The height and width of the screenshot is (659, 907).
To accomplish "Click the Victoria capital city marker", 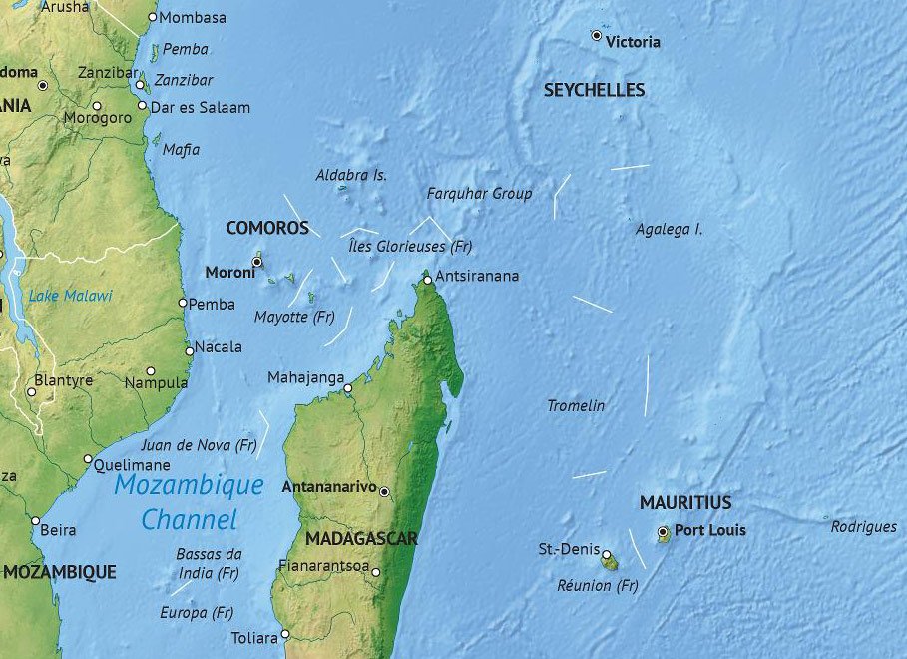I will tap(597, 36).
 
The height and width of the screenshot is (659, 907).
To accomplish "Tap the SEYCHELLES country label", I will tap(594, 90).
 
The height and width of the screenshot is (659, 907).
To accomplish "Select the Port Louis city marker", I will tap(664, 531).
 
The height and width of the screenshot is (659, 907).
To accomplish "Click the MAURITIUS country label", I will tap(685, 502).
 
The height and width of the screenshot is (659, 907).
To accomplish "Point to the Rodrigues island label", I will tap(863, 526).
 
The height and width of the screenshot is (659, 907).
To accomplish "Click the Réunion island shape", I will tap(608, 561).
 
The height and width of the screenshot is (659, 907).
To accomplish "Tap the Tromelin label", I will tap(576, 405).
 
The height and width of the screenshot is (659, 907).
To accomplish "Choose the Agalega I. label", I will tap(670, 229).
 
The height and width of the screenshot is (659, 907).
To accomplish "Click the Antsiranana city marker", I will tap(427, 281).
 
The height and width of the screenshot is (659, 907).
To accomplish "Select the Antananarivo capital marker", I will tap(384, 492).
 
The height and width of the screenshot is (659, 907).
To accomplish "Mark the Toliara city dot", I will tap(285, 634).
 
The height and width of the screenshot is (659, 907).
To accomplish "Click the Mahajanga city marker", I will tap(348, 388).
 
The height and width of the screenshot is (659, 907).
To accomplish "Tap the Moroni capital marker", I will tap(256, 262).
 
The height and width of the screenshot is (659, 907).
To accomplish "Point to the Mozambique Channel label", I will tap(189, 502).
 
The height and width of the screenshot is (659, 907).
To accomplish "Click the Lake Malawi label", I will tap(70, 296).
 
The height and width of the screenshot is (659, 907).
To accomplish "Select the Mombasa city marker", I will tap(152, 17).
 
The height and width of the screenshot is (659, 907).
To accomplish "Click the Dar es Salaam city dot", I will tap(142, 106).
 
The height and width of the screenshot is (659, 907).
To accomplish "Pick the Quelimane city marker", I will tap(87, 459).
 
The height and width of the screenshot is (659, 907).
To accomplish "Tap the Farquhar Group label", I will tap(479, 194).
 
